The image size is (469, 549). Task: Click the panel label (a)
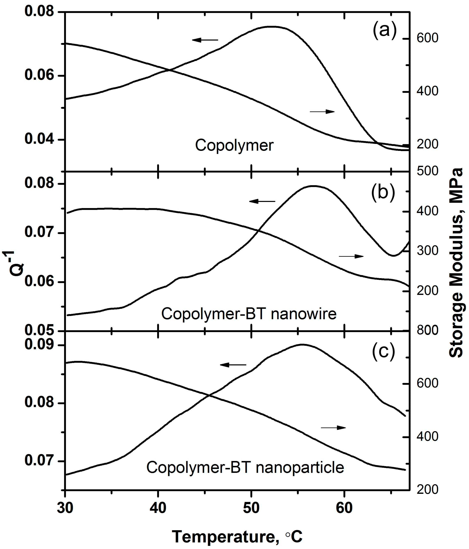click(384, 31)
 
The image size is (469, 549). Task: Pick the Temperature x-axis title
click(237, 529)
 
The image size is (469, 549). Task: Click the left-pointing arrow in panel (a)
click(205, 40)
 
